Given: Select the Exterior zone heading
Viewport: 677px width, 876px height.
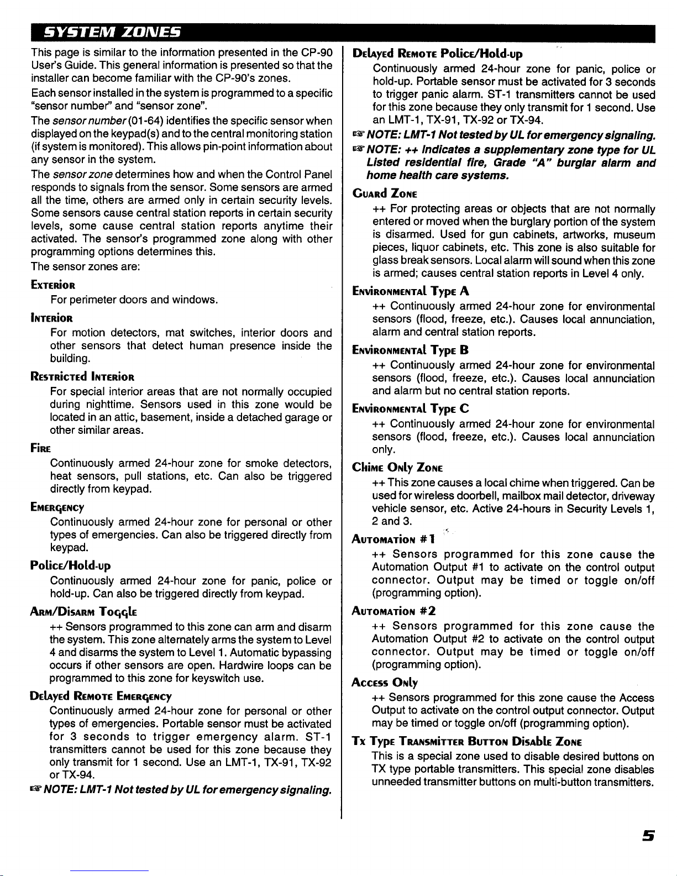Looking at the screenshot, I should (x=54, y=286).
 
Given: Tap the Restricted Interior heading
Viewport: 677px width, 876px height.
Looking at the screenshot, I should (x=83, y=377).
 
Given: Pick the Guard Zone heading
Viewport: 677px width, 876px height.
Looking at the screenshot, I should (x=385, y=193).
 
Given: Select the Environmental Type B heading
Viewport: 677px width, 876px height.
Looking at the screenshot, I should (x=411, y=350).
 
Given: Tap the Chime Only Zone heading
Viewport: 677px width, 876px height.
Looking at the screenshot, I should (x=398, y=468).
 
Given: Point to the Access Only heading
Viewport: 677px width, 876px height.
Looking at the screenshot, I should (x=385, y=683).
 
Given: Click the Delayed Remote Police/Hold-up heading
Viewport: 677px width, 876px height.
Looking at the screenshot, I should (x=438, y=54).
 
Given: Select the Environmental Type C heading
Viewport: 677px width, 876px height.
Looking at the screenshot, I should (x=411, y=408).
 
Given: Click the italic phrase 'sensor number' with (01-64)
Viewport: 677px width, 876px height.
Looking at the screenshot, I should (x=80, y=121).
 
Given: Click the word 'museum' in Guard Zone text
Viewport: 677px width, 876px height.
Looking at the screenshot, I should (x=636, y=235).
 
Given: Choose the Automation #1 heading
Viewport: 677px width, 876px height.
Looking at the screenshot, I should (x=394, y=539).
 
